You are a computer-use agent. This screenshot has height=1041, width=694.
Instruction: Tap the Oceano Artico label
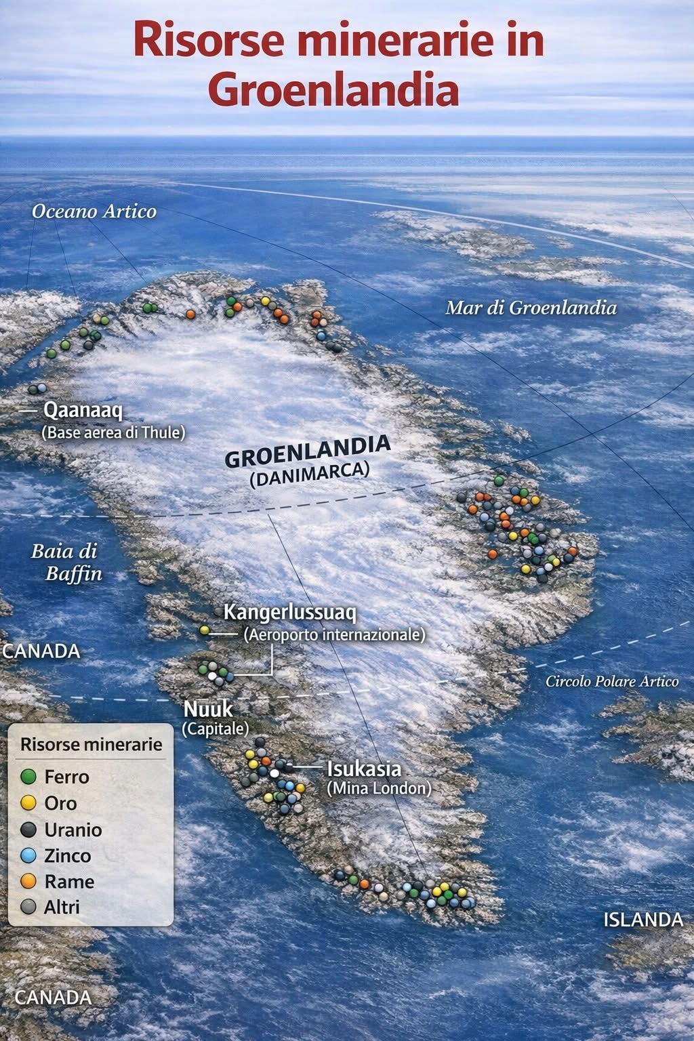pos(94,211)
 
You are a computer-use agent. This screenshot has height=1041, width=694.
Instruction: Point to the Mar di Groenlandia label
pos(531,308)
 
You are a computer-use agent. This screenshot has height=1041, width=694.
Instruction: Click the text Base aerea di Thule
pos(113,432)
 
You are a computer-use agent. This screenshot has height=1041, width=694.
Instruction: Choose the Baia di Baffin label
pos(66,562)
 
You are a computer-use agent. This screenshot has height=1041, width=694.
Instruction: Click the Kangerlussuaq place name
pos(290,613)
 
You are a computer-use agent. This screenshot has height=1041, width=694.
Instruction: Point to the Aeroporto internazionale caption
pos(334,635)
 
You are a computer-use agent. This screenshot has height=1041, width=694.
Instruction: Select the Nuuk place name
pos(208,710)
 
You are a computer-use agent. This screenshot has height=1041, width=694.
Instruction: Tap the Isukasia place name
pos(364,769)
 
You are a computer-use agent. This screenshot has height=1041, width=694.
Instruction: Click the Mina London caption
pos(379,788)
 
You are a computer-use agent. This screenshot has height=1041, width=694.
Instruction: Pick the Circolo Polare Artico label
pos(612,681)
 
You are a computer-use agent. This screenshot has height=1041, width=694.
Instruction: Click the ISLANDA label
pos(643,920)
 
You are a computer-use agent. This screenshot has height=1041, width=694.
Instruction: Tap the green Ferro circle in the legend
pos(28,777)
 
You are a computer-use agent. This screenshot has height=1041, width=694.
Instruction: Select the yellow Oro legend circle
pos(28,803)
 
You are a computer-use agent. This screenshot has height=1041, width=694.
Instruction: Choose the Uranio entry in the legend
pos(73,830)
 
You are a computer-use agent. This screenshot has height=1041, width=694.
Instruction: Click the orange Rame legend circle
pos(28,882)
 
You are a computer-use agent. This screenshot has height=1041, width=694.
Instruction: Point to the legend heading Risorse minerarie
pos(91,744)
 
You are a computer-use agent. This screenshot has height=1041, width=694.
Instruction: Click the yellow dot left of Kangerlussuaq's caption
pos(205,631)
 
